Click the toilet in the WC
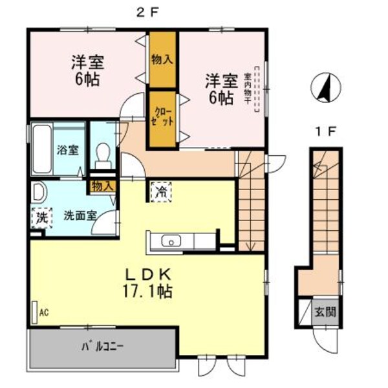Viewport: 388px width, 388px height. click(102, 153)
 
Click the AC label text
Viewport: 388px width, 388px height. click(45, 312)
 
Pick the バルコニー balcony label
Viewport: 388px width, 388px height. click(103, 345)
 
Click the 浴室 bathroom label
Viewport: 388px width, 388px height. click(68, 150)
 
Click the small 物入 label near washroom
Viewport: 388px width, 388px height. click(102, 186)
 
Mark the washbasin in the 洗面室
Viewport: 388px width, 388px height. click(38, 193)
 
